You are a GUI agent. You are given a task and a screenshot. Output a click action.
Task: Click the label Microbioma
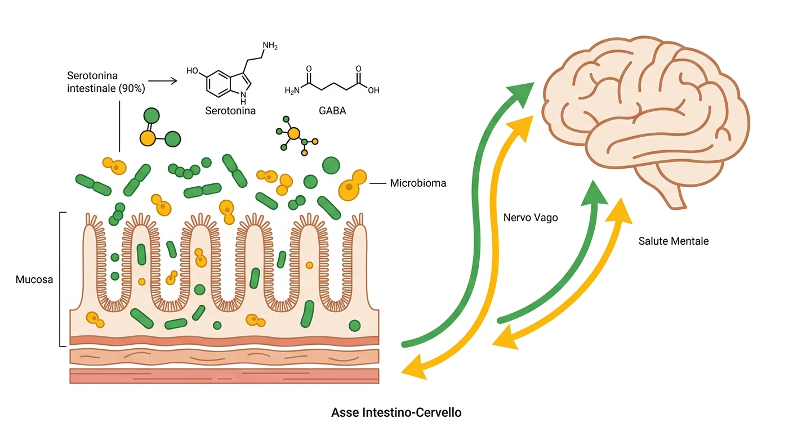(418, 183)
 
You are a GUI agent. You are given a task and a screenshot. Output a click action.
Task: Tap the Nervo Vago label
(531, 218)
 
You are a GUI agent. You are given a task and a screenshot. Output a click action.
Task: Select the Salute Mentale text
(674, 241)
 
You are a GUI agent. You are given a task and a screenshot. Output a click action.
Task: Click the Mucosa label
(34, 280)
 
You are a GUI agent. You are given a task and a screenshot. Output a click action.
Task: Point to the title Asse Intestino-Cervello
(396, 412)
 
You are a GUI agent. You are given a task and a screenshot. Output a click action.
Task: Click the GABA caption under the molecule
(332, 111)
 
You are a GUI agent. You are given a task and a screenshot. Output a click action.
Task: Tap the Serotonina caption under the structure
(230, 111)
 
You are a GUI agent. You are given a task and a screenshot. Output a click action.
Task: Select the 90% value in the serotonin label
(131, 88)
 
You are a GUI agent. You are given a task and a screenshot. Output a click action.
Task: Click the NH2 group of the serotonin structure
(270, 46)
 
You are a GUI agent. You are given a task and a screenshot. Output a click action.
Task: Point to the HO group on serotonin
(192, 71)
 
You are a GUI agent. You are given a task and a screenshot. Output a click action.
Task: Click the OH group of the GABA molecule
(373, 91)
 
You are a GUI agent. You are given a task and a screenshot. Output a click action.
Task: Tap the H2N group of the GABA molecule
(292, 91)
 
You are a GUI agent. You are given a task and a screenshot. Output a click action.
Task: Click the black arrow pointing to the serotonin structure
(163, 81)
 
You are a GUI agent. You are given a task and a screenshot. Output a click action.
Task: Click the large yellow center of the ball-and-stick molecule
(294, 134)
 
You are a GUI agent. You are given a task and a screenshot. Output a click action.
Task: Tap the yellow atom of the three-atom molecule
(148, 138)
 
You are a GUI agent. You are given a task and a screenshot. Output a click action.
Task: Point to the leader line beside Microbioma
(378, 183)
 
